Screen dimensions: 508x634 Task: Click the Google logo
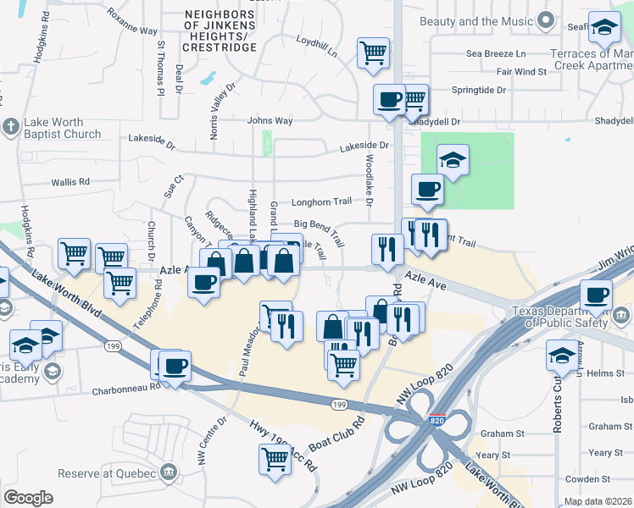click(28, 498)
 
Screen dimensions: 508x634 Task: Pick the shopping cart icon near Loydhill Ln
click(373, 52)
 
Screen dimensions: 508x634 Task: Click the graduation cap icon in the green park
click(453, 159)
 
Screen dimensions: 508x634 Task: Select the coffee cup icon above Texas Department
click(596, 294)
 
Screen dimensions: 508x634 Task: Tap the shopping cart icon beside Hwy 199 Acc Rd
click(275, 460)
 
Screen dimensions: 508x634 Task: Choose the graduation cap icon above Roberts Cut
click(562, 354)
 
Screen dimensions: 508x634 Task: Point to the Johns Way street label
click(270, 121)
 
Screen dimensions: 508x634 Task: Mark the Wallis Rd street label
click(70, 182)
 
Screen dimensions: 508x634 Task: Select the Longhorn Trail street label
click(321, 202)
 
